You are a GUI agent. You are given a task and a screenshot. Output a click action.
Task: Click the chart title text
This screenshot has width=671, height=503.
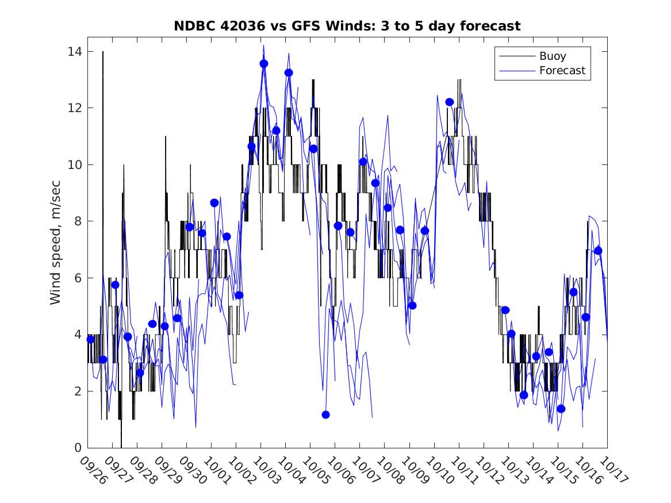click(347, 26)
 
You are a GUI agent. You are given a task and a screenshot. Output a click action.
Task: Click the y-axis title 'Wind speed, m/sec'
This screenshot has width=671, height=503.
click(55, 249)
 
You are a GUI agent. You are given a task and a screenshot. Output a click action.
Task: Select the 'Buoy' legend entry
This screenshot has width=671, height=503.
click(552, 56)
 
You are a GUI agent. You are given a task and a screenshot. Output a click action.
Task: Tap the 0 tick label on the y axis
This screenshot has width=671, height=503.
click(78, 448)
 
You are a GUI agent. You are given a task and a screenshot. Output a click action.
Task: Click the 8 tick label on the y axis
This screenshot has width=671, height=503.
click(78, 221)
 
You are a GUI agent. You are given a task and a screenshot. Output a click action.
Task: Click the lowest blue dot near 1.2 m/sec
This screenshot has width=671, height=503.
click(325, 414)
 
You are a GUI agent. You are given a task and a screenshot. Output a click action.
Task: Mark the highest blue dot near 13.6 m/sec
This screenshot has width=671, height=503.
click(264, 64)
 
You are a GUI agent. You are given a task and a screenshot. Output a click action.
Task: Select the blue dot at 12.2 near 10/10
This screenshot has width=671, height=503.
click(450, 102)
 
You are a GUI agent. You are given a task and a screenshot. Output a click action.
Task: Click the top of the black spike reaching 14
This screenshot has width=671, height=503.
click(103, 52)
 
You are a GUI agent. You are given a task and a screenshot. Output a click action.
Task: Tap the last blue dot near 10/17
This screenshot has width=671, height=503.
click(598, 251)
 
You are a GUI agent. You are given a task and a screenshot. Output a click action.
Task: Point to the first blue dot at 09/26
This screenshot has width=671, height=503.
click(90, 339)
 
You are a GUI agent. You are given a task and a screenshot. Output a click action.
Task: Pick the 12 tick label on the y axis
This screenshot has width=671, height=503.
click(74, 108)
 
